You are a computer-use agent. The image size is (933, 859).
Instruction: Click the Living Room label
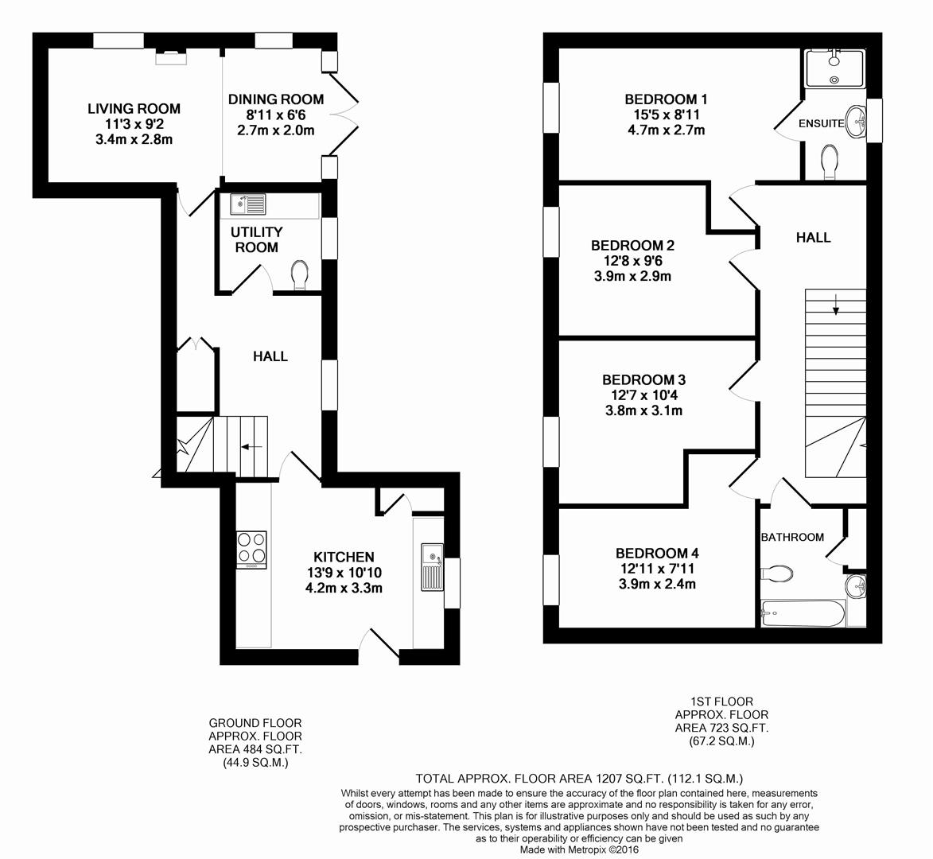click(x=134, y=108)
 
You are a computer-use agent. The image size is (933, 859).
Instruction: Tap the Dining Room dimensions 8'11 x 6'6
click(x=276, y=115)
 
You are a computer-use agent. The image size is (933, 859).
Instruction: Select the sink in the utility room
click(x=248, y=205)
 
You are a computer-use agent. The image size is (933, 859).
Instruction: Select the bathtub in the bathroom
click(x=802, y=613)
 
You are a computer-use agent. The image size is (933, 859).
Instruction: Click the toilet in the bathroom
click(x=777, y=573)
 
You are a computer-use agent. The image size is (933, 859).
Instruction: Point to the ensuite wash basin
click(x=856, y=122)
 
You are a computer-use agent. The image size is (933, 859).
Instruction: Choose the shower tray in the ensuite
click(x=834, y=68)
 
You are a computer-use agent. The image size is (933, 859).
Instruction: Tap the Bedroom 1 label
click(x=666, y=99)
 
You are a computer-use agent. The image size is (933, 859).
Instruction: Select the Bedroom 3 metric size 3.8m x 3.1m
click(x=643, y=410)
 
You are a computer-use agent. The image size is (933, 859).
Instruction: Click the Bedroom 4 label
click(x=657, y=553)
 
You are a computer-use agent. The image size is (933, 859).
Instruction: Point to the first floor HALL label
click(x=813, y=237)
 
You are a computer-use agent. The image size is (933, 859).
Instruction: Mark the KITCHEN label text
click(x=344, y=557)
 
